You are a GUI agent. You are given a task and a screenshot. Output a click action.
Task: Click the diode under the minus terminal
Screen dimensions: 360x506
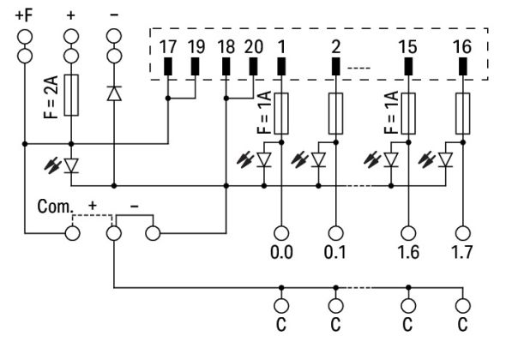[113, 93]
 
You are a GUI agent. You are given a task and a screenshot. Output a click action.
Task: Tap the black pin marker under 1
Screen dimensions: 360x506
[281, 66]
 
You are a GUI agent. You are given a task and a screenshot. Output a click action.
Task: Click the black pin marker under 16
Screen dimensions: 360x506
[464, 66]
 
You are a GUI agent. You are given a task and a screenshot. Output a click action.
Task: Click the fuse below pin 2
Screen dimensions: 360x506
[336, 111]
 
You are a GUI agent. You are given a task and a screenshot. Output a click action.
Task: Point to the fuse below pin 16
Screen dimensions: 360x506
[464, 111]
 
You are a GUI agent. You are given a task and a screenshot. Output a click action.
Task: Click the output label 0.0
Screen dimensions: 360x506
[281, 254]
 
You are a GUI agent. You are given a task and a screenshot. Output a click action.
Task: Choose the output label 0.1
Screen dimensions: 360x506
[336, 254]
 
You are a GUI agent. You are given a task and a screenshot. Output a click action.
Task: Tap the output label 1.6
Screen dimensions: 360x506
[409, 254]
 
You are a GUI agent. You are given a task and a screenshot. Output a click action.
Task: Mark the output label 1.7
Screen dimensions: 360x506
[464, 254]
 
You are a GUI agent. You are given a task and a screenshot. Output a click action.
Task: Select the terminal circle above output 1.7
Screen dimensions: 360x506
[464, 231]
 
